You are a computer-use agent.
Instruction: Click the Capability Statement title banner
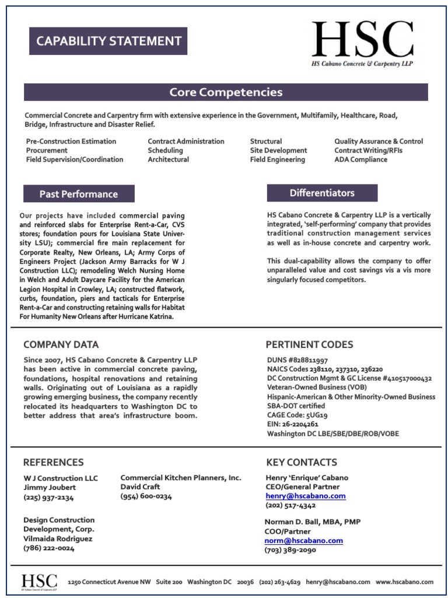point(108,41)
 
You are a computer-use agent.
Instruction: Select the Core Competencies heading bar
point(226,92)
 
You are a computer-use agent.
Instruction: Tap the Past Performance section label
point(79,194)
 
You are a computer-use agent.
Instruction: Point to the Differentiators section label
point(322,193)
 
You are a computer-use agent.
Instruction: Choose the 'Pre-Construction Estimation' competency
point(71,141)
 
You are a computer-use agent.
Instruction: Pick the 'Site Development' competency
point(278,150)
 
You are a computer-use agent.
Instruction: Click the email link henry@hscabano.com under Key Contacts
point(306,496)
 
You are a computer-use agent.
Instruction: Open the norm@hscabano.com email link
point(304,541)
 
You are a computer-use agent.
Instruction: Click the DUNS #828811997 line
point(297,360)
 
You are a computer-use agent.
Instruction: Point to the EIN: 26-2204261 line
point(293,425)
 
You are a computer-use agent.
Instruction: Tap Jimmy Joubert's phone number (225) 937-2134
point(49,498)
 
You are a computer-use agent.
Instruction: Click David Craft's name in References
point(141,486)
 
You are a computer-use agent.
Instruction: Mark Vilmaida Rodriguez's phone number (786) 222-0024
point(49,548)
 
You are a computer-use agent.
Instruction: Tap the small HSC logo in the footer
point(39,582)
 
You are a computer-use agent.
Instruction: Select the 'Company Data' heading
point(61,345)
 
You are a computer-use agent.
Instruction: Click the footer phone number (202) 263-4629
point(279,582)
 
